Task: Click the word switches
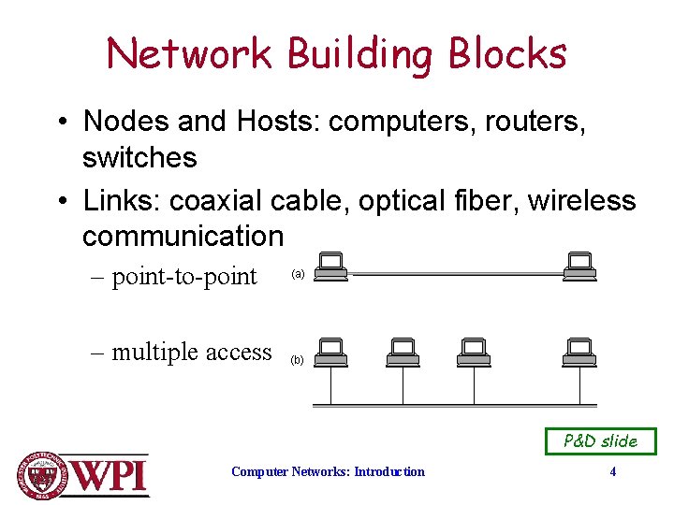(139, 157)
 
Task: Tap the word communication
(183, 237)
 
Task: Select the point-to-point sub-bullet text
(184, 277)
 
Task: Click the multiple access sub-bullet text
(192, 353)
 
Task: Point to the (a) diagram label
(298, 274)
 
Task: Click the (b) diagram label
(298, 359)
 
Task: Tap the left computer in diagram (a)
(330, 267)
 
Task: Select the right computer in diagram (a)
(580, 267)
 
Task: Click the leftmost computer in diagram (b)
(330, 352)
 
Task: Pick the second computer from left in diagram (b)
(403, 352)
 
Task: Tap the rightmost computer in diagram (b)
(580, 352)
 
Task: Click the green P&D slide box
(601, 440)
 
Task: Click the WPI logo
(83, 474)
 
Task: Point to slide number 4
(613, 471)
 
